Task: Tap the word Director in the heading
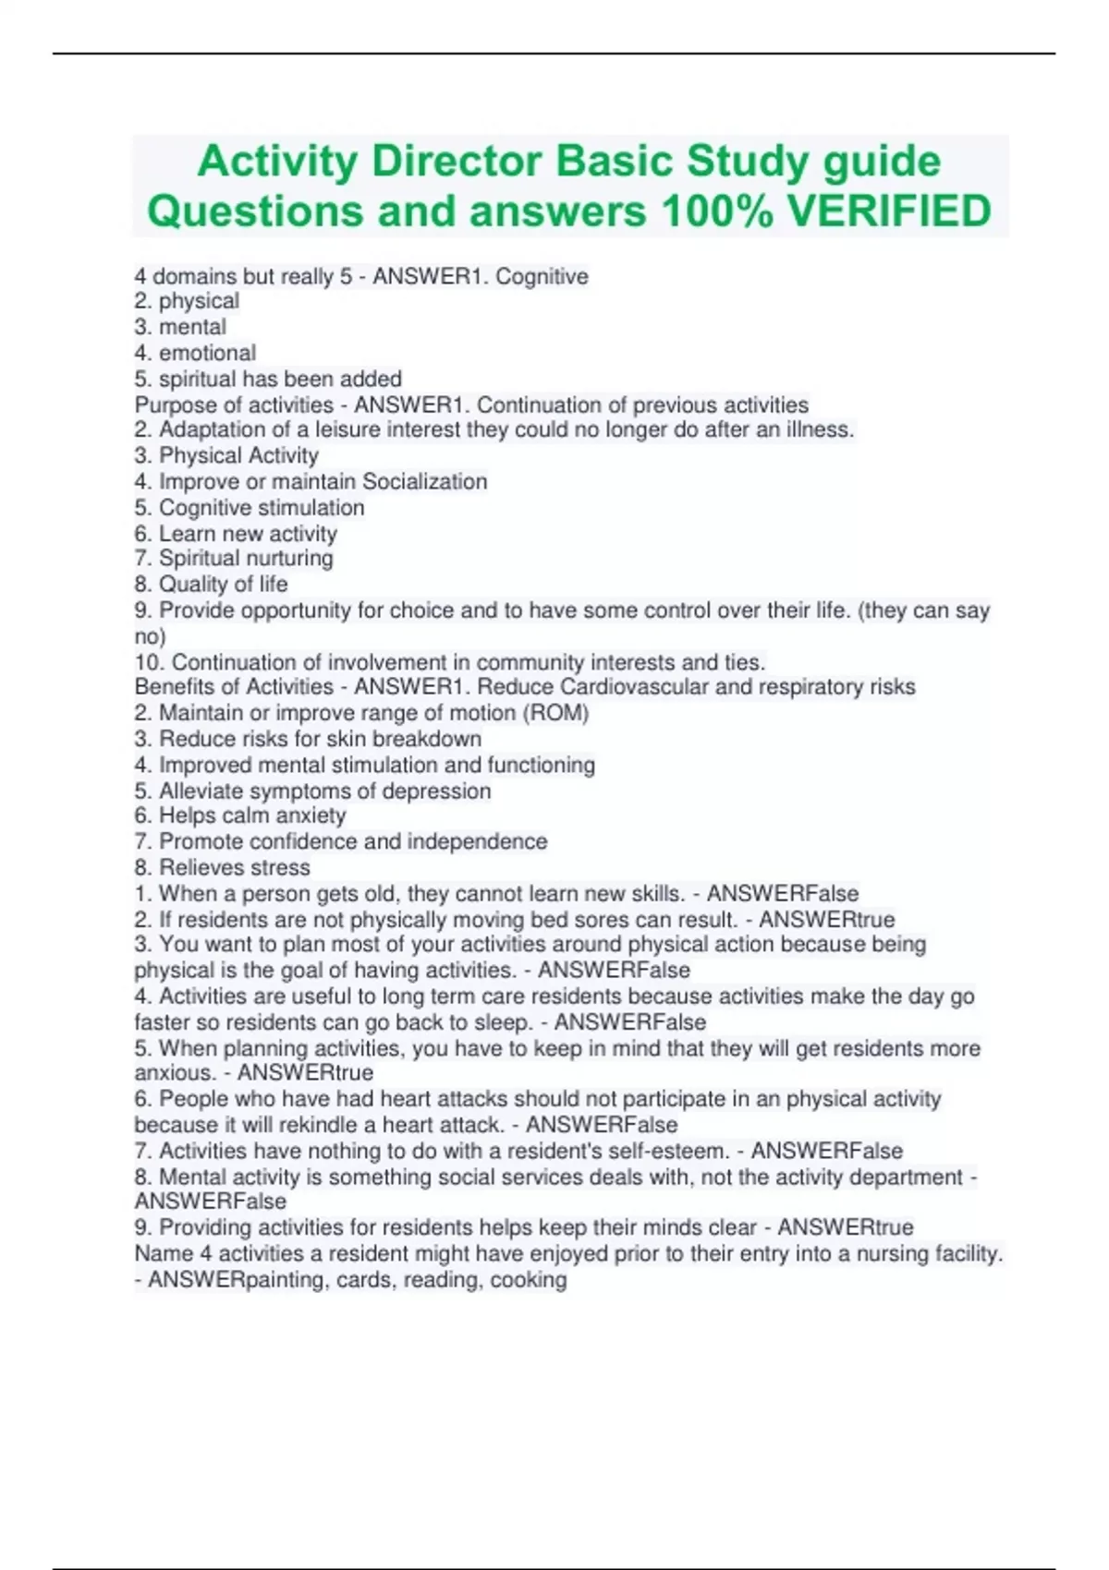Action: [455, 162]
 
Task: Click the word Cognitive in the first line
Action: [542, 276]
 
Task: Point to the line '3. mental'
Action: [180, 327]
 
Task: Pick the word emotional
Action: [207, 353]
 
